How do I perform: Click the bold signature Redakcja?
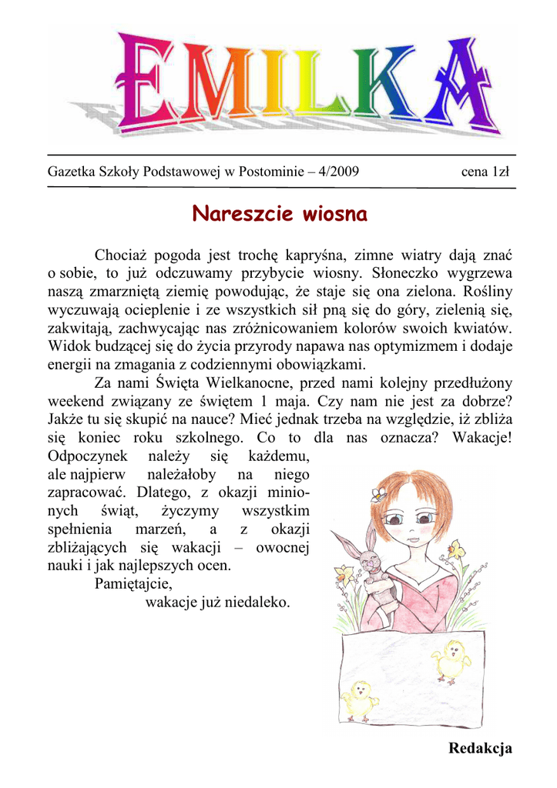point(480,748)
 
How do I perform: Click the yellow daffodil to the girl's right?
point(457,550)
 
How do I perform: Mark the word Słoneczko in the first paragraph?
point(404,272)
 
